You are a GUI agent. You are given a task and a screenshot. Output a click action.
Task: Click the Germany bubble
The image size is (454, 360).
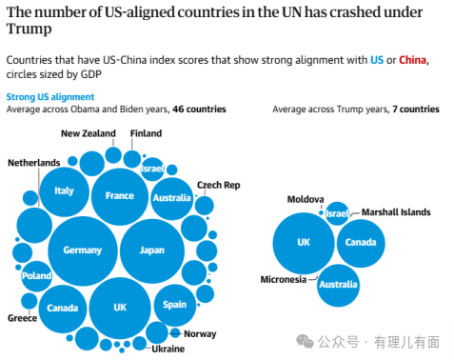point(82,250)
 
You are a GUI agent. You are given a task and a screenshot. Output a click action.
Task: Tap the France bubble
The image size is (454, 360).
point(119,195)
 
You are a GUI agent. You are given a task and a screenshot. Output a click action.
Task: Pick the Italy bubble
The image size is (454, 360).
point(64,190)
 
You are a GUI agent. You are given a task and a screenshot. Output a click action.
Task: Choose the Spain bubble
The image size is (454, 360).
point(174,305)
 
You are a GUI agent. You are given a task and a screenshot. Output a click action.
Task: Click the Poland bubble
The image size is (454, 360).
point(37,276)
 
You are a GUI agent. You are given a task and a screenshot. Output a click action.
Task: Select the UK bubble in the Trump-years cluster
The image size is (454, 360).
point(304,243)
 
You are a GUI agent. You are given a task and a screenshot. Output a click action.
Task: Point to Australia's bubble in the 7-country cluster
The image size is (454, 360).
point(338,285)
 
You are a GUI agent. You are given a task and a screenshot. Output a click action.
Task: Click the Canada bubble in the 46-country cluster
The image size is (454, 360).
point(63,308)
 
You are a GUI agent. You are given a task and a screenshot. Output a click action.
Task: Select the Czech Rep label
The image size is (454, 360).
point(217,184)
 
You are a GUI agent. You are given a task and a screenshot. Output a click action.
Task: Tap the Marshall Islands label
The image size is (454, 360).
point(395,212)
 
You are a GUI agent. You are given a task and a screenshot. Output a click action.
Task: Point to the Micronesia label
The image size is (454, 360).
point(284,280)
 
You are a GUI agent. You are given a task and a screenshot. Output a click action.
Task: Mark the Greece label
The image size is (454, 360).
point(23,318)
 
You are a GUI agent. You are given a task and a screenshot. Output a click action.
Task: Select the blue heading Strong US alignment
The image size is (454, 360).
point(50,97)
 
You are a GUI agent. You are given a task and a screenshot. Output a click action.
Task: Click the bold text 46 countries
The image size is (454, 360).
point(199,110)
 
